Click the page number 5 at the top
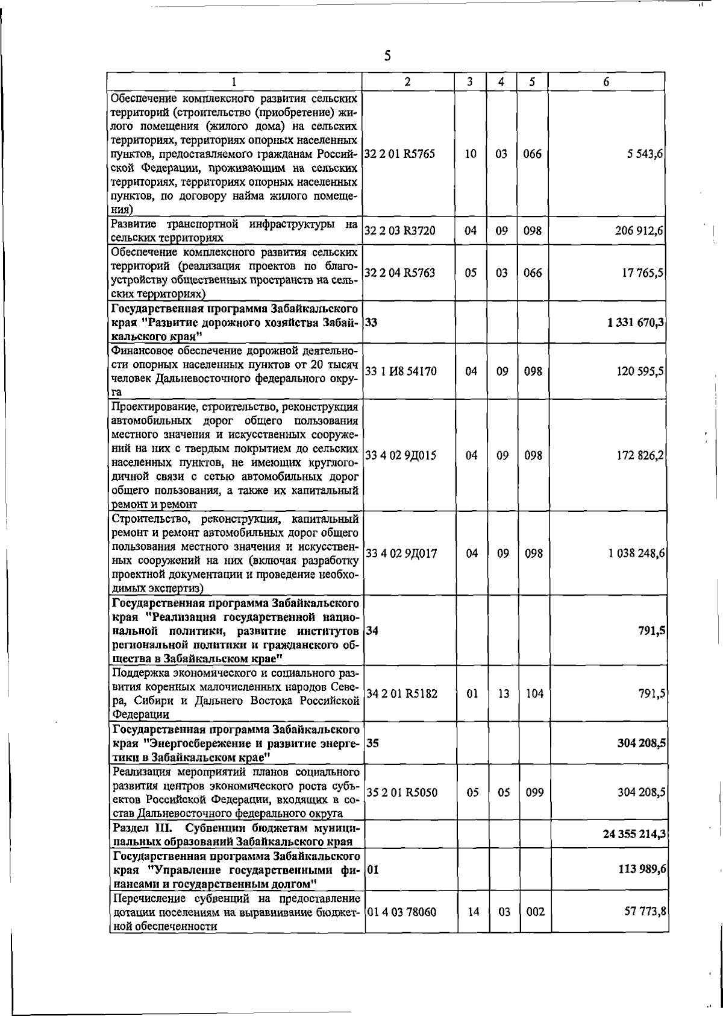pyautogui.click(x=387, y=56)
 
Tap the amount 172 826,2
pyautogui.click(x=640, y=455)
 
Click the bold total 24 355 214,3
pyautogui.click(x=634, y=834)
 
